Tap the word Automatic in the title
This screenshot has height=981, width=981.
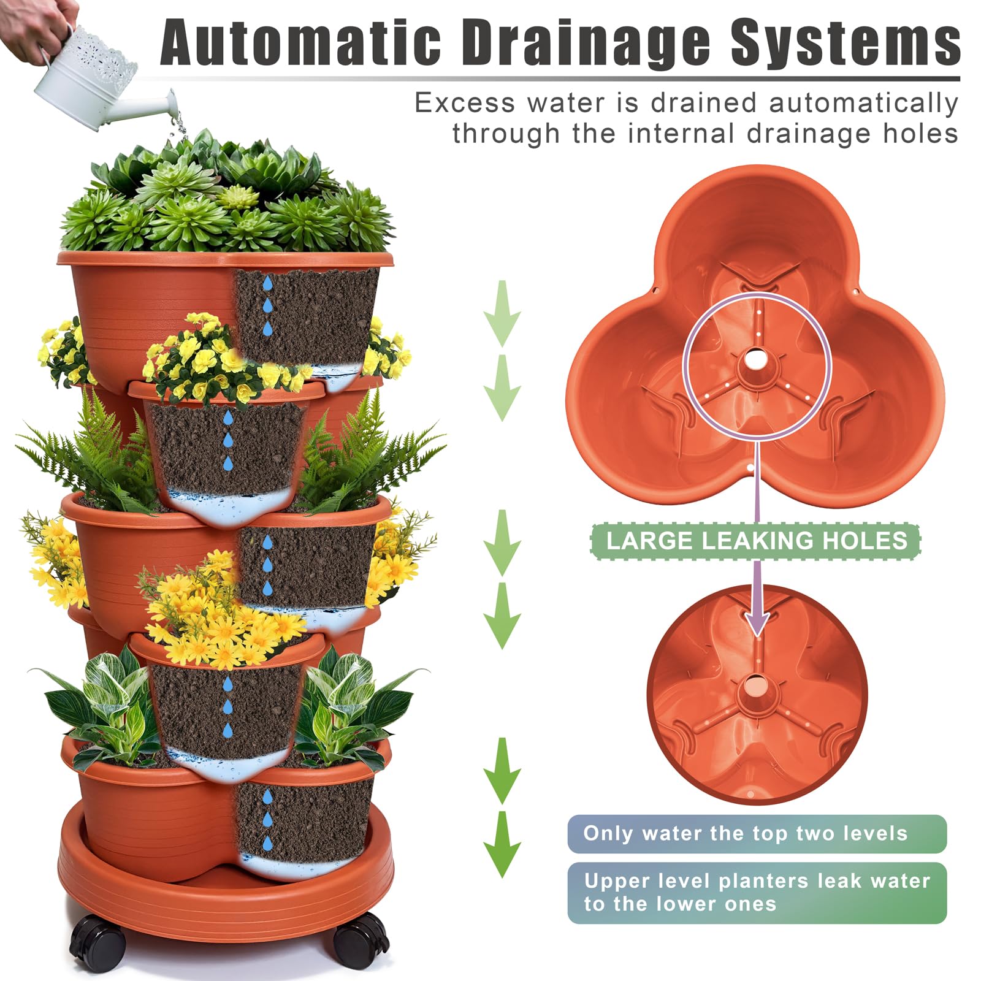tap(301, 42)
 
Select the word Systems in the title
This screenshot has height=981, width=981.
tap(846, 44)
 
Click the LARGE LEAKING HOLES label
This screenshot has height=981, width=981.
tap(756, 541)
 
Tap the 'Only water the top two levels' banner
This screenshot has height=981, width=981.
tap(757, 833)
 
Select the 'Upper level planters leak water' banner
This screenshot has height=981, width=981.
tap(757, 893)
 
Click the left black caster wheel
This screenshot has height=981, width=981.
tap(98, 945)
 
